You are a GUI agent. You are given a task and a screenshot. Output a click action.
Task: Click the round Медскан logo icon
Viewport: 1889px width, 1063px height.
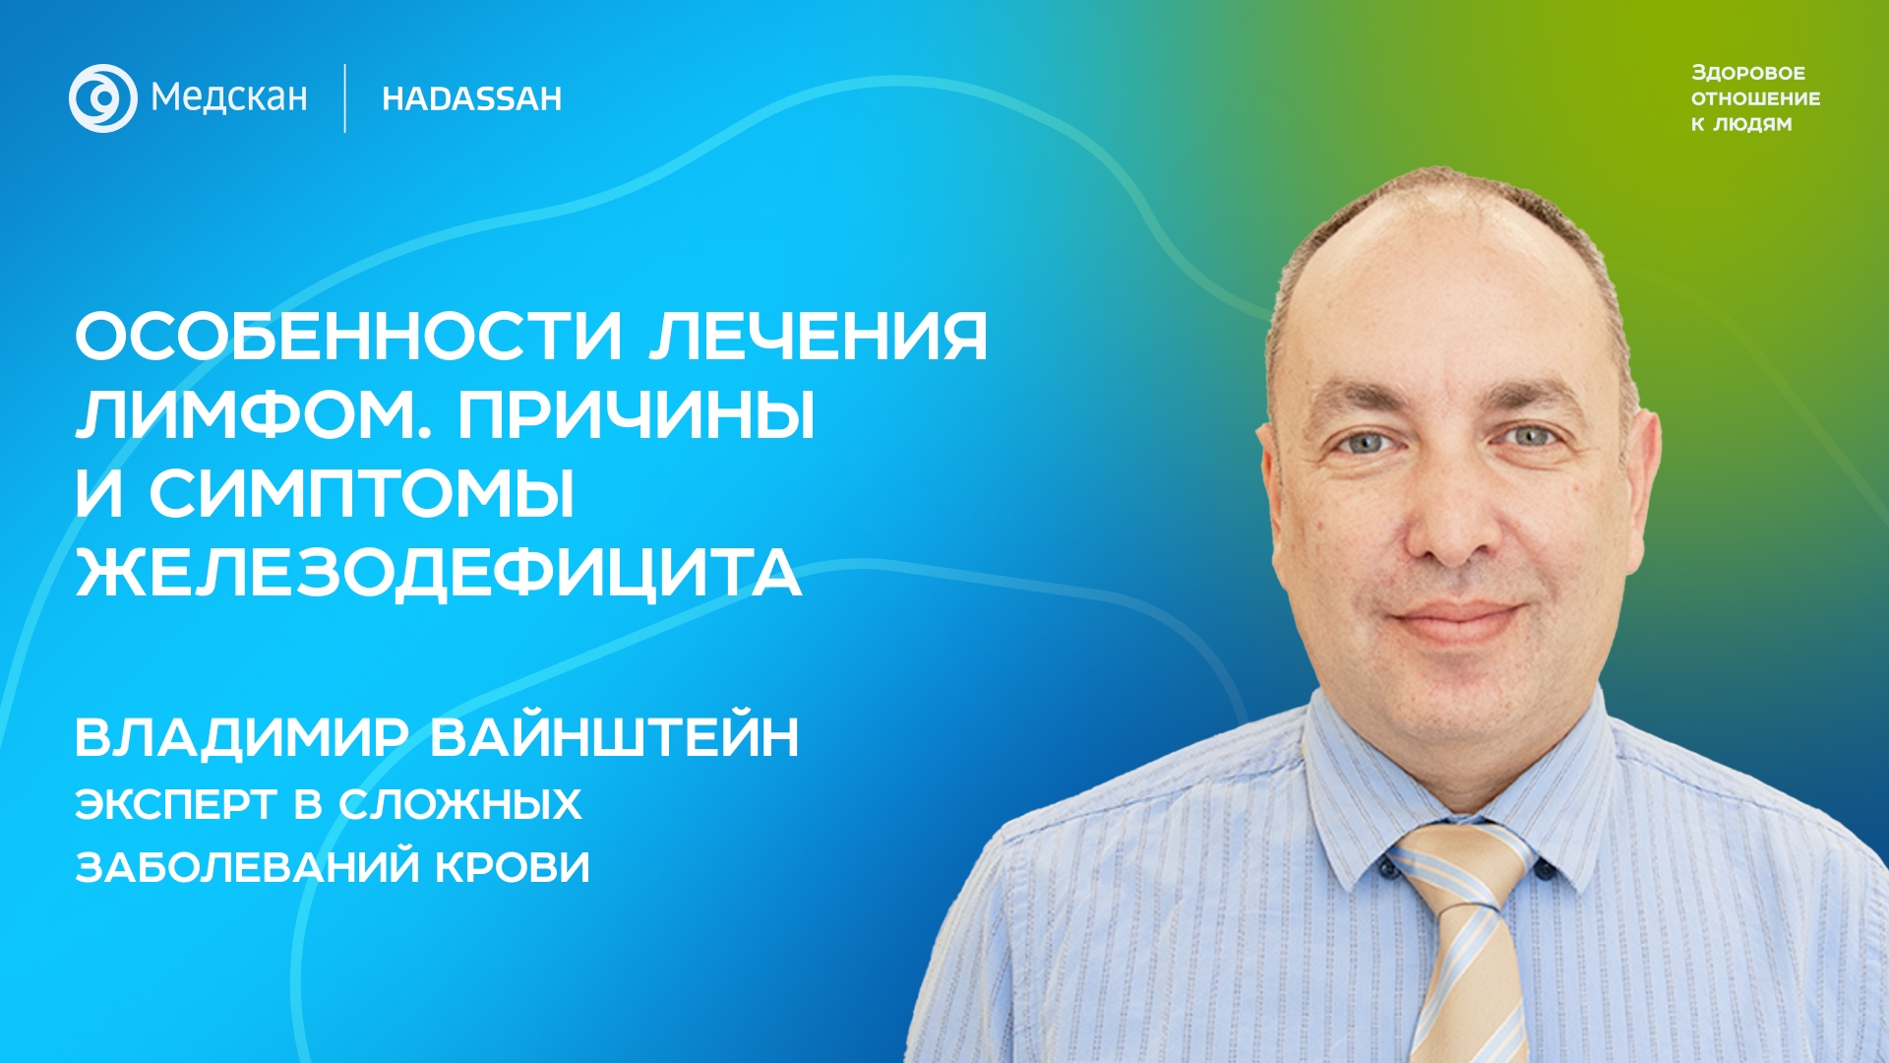click(103, 98)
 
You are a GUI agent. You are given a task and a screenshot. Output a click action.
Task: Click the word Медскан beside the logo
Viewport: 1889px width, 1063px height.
click(229, 98)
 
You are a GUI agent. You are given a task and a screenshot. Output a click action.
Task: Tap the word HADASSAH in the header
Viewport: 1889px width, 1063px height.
click(472, 98)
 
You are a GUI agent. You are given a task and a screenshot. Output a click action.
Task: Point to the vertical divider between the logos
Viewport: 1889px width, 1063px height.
click(345, 98)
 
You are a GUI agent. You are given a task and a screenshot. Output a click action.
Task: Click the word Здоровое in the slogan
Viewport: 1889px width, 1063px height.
click(1748, 73)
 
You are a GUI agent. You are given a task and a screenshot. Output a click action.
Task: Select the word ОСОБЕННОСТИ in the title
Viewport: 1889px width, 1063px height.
click(349, 337)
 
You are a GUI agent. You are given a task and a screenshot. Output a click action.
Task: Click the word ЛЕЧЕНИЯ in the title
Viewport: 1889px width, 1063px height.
click(819, 337)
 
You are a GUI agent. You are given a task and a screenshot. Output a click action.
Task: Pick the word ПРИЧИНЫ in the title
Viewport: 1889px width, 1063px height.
click(637, 415)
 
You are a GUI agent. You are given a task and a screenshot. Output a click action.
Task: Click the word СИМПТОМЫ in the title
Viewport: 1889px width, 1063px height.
click(362, 494)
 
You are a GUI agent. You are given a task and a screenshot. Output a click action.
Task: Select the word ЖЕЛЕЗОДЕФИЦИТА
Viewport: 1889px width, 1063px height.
click(439, 574)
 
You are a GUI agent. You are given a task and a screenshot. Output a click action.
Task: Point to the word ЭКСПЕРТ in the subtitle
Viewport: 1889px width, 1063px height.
click(176, 805)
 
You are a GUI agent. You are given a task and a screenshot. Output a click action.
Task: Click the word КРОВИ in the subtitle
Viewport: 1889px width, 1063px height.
click(513, 868)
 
